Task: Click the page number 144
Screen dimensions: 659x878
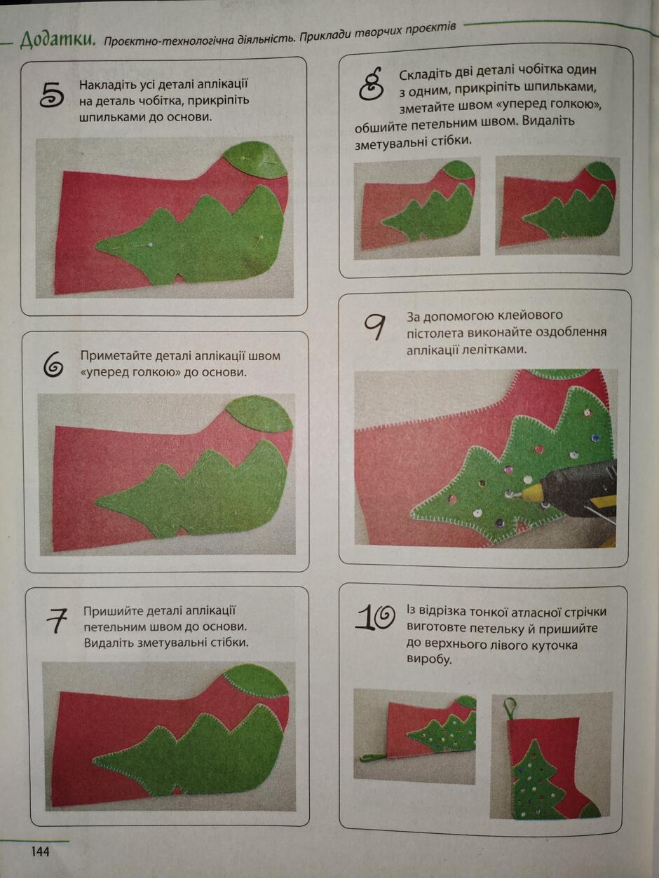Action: click(x=41, y=851)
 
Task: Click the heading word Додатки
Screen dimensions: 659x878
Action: click(x=57, y=41)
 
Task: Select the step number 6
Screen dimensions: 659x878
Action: click(x=53, y=364)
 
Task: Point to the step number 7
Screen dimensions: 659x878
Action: click(x=56, y=621)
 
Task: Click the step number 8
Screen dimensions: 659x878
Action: click(x=372, y=83)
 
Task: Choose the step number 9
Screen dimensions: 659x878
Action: click(x=375, y=327)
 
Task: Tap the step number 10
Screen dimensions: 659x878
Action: click(x=375, y=617)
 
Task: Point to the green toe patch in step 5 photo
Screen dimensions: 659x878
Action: click(x=255, y=160)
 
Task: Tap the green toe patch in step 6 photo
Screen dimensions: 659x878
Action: click(x=259, y=414)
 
